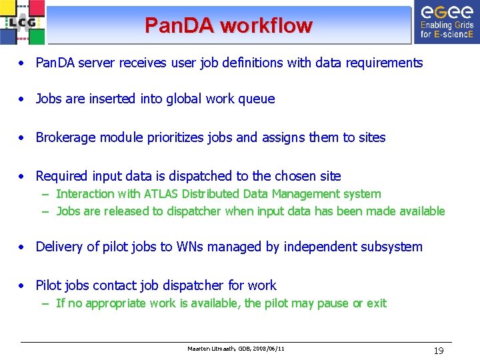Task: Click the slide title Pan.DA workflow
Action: point(228,26)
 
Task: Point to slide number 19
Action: point(439,351)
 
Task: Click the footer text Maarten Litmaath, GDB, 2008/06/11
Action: point(236,349)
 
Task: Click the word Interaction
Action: point(85,194)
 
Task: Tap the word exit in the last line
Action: point(376,303)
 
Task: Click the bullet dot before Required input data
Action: point(23,177)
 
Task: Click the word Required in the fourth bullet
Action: point(61,176)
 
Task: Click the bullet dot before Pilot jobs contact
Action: point(23,286)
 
